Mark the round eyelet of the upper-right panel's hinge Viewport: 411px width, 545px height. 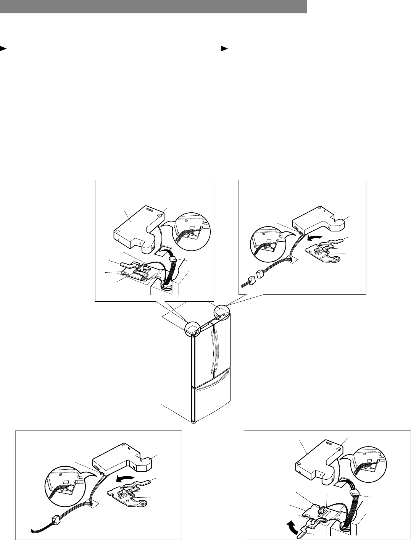[336, 259]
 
